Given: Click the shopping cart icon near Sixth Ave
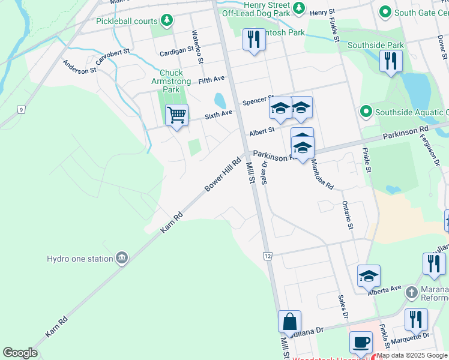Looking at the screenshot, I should click(176, 114).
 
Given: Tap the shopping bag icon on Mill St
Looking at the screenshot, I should click(289, 321).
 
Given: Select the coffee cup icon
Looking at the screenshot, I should click(361, 342).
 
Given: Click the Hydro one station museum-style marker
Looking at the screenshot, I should click(122, 259).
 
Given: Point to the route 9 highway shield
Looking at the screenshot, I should click(21, 109).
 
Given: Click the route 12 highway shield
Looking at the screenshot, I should click(267, 256).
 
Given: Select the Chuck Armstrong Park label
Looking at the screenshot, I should click(171, 81).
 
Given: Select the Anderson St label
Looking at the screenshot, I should click(80, 66).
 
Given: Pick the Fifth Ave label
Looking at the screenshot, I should click(211, 79).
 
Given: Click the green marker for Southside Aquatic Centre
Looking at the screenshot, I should click(365, 112).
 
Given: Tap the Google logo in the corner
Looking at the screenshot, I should click(20, 353).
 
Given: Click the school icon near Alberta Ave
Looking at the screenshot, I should click(369, 275).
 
